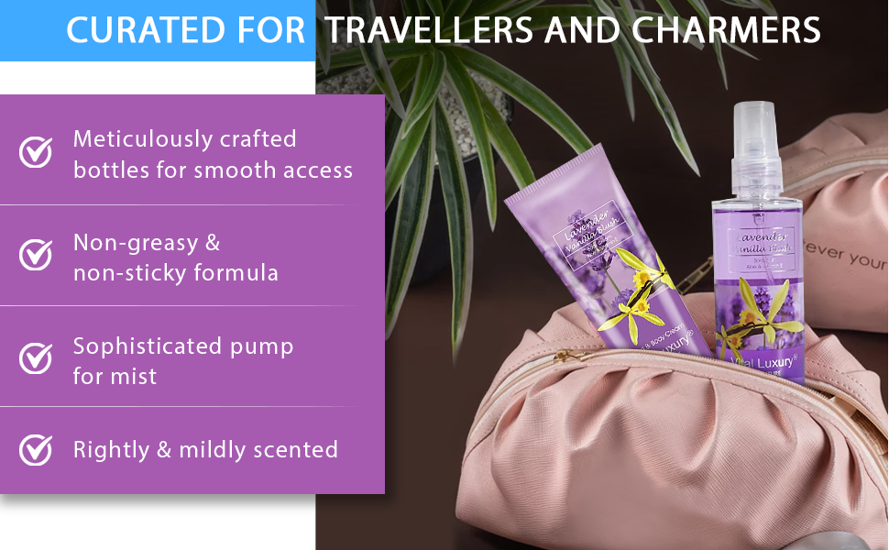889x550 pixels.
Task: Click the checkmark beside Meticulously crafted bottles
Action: click(36, 153)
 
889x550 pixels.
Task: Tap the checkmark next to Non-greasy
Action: click(36, 256)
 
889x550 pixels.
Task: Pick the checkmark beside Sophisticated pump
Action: click(36, 358)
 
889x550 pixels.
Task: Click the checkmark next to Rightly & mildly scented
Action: click(36, 449)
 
